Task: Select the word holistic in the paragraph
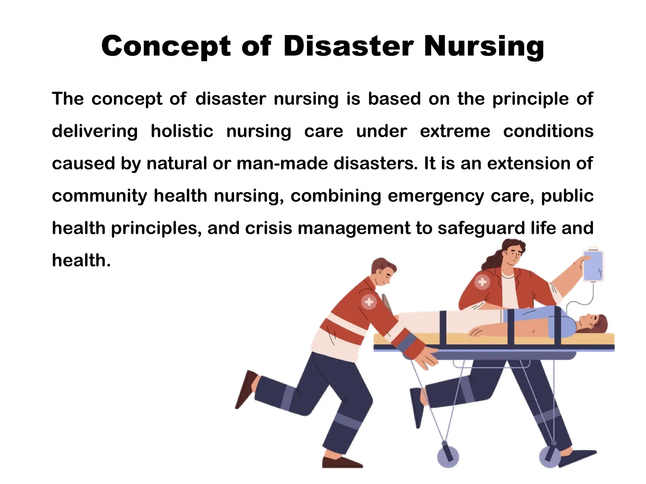pyautogui.click(x=182, y=131)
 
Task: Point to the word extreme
pyautogui.click(x=455, y=131)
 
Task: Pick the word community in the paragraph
pyautogui.click(x=99, y=196)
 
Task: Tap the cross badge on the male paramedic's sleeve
pyautogui.click(x=369, y=302)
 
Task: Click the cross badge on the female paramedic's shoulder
pyautogui.click(x=482, y=281)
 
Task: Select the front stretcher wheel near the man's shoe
pyautogui.click(x=448, y=457)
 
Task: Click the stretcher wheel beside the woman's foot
pyautogui.click(x=550, y=457)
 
